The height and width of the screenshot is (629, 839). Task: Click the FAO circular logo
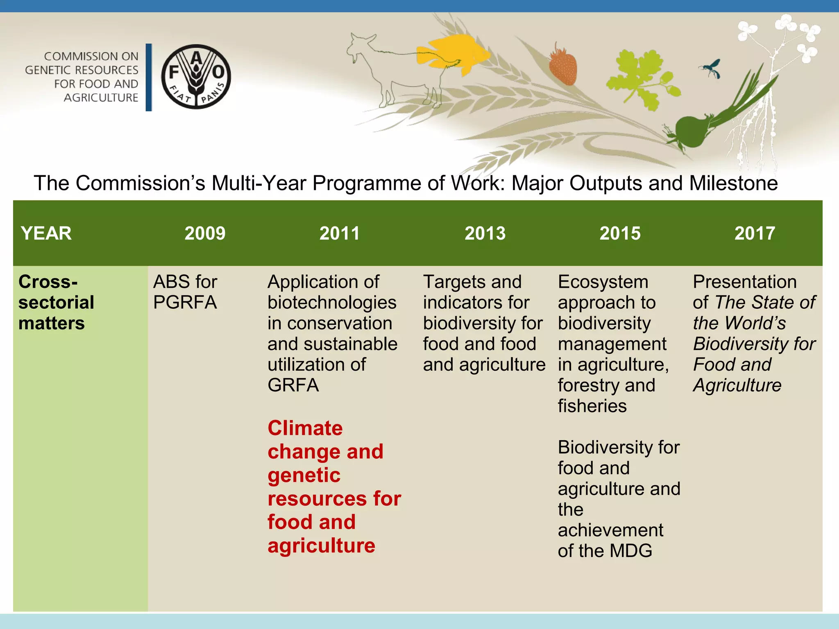[196, 77]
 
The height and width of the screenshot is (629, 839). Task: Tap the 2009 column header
[205, 233]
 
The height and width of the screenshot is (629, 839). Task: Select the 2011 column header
[339, 233]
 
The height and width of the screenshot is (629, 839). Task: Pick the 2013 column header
[485, 233]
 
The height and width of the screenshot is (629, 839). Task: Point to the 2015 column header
[620, 233]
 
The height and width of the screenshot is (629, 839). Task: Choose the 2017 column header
[755, 233]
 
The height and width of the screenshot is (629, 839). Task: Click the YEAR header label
[46, 233]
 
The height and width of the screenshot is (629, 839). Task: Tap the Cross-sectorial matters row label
[56, 302]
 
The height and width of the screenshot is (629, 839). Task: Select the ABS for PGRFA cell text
[185, 292]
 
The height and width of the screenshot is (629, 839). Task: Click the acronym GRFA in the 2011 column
[293, 385]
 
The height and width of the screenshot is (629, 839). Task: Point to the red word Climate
[305, 428]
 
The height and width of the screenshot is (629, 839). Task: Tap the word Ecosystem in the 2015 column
[603, 282]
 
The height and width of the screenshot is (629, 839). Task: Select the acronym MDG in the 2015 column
[631, 551]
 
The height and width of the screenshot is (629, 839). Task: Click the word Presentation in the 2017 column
[745, 282]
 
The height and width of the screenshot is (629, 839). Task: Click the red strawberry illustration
[563, 66]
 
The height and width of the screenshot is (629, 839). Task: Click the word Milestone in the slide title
[733, 183]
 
